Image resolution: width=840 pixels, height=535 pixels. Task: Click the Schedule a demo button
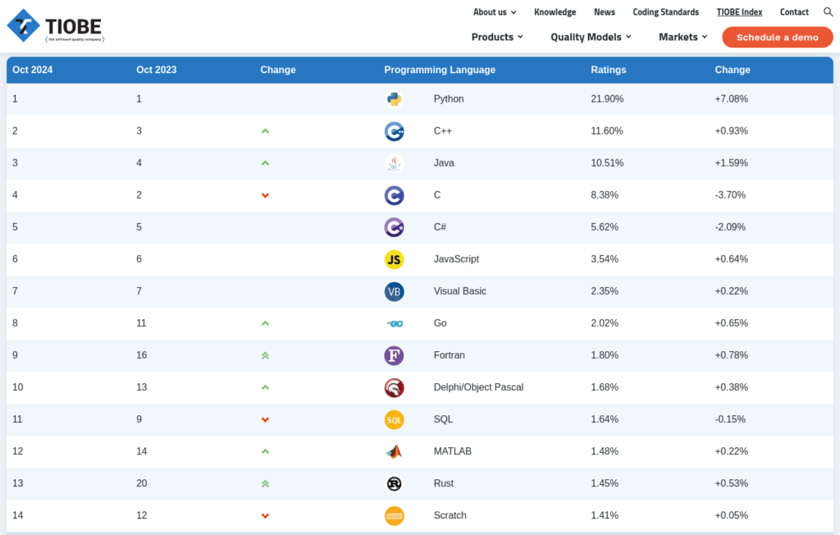tap(778, 38)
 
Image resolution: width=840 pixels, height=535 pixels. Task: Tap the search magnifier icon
tap(828, 11)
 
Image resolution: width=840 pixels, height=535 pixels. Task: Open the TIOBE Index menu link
tap(739, 11)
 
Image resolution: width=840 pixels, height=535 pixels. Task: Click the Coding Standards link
tap(666, 11)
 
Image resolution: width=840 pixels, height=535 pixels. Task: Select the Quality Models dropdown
tap(591, 37)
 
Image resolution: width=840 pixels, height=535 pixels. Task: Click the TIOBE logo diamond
tap(23, 25)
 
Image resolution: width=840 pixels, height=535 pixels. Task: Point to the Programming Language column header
tap(440, 70)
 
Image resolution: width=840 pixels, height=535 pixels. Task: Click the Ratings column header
tap(609, 70)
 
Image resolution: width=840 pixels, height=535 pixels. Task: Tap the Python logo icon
tap(395, 99)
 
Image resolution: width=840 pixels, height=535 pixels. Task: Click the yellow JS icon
tap(395, 259)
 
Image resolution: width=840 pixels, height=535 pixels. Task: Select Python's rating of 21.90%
tap(607, 98)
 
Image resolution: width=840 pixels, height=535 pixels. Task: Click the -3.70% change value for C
tap(730, 195)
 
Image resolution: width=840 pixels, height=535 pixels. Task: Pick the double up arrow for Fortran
tap(265, 355)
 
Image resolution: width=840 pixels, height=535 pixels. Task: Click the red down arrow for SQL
tap(265, 420)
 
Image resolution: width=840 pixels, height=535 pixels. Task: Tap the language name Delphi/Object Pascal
tap(478, 387)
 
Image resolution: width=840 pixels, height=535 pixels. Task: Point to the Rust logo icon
tap(395, 483)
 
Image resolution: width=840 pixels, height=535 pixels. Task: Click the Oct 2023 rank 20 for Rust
tap(141, 483)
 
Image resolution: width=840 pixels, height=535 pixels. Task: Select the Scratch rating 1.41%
tap(605, 515)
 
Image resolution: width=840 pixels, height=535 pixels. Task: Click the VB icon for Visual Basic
tap(395, 291)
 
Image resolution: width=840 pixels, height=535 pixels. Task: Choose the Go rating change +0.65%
tap(731, 323)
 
